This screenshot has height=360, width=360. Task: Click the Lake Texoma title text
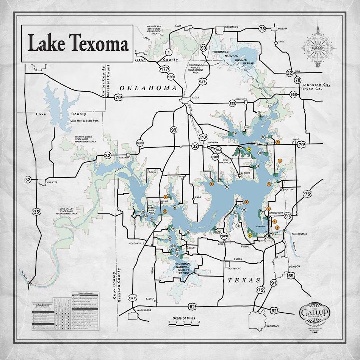[78, 44]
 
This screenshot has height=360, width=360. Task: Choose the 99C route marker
[140, 143]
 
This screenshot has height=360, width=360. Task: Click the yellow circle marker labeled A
[249, 149]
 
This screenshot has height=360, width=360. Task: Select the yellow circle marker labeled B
[250, 235]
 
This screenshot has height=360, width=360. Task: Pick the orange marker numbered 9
[246, 202]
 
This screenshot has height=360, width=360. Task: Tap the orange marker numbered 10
[165, 211]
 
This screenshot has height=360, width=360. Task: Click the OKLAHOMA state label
[148, 88]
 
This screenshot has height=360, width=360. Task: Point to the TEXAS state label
[244, 280]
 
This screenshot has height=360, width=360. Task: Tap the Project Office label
[299, 234]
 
